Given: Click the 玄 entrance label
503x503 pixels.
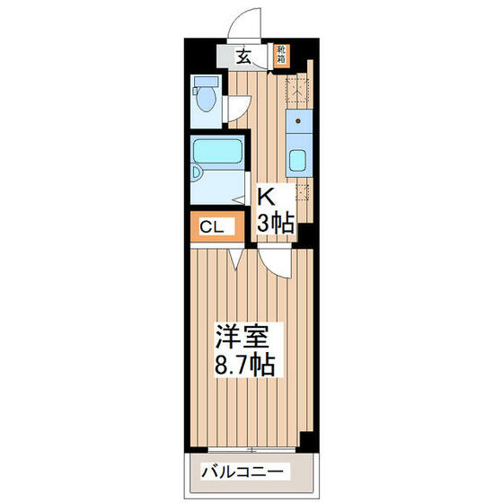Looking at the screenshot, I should [x=243, y=57].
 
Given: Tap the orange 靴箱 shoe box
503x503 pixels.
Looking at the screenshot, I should [x=281, y=56].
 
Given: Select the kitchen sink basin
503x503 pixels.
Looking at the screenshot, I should [x=298, y=163].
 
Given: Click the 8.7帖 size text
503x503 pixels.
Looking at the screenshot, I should [x=243, y=366].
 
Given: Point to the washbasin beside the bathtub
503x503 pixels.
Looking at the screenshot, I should [x=199, y=174].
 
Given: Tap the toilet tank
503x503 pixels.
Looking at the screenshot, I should [x=199, y=87].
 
